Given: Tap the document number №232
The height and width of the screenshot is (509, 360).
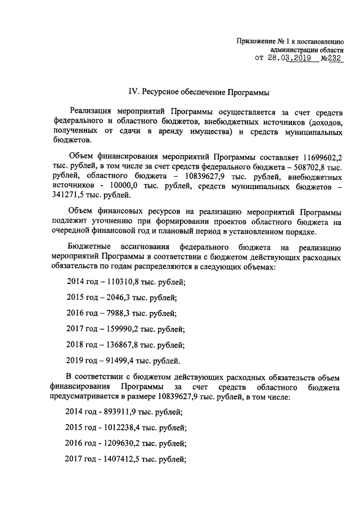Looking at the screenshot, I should tap(331, 57).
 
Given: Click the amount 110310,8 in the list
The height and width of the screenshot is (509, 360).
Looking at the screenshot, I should tap(116, 282).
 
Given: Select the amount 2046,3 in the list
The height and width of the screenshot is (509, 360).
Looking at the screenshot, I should tap(112, 298).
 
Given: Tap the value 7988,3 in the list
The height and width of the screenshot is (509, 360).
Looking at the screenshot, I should tap(112, 313).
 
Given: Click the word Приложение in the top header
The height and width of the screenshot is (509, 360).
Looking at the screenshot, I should tap(255, 41).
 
